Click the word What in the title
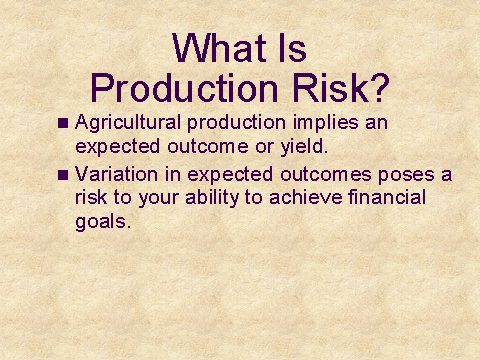point(219,48)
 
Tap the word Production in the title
point(184,88)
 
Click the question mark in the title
point(381,88)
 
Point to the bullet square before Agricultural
point(63,123)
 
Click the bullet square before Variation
point(63,175)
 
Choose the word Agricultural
point(128,124)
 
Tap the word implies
point(326,124)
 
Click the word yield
point(304,147)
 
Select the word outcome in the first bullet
point(208,147)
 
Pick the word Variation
point(116,174)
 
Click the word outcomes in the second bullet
point(326,175)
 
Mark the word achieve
point(306,197)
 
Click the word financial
point(387,197)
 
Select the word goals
point(103,222)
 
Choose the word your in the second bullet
point(158,199)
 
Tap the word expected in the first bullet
point(117,147)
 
